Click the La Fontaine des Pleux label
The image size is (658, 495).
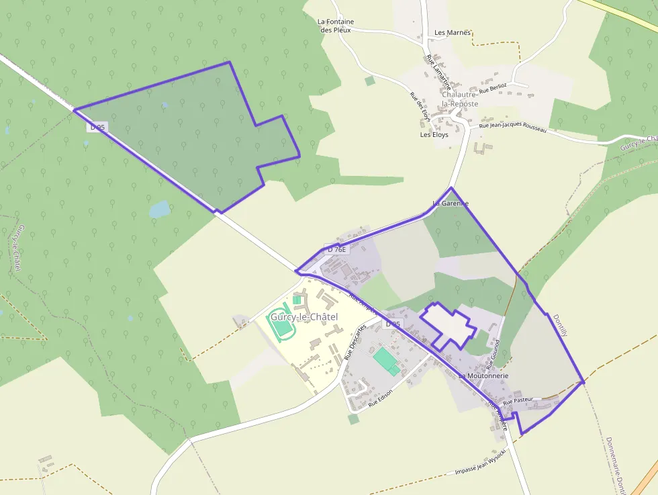point(336,26)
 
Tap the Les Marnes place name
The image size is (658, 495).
point(453,32)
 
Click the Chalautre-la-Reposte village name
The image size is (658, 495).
point(460,99)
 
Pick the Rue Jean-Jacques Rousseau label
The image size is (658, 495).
point(512,126)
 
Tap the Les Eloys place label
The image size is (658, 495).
point(434,134)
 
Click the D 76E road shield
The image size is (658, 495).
point(337,249)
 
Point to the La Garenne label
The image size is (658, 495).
point(450,203)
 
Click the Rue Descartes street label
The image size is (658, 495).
point(356,342)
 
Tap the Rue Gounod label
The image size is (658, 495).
point(493,354)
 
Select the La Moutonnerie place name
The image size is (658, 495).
point(483,376)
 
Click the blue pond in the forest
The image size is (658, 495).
point(160,210)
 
